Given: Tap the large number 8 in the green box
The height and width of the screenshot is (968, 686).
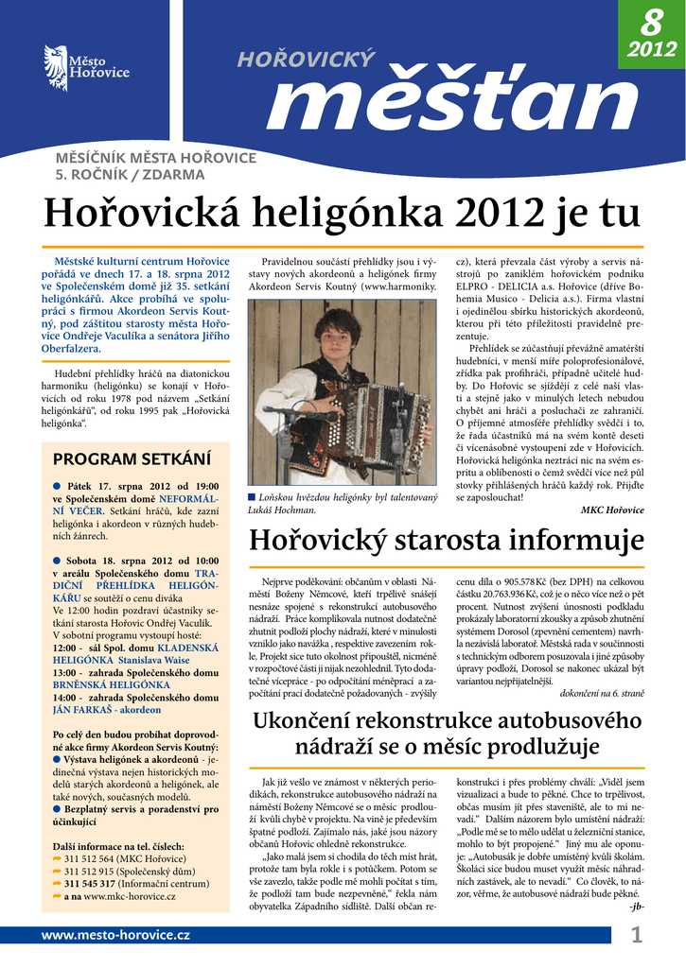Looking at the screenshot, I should click(x=651, y=20).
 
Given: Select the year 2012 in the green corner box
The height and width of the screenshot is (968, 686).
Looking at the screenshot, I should click(x=652, y=48).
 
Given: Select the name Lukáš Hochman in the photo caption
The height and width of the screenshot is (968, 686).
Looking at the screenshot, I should click(x=280, y=510).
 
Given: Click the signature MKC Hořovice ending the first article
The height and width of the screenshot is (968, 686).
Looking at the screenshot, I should click(x=612, y=510).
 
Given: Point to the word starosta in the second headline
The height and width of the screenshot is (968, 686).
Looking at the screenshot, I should click(x=452, y=542).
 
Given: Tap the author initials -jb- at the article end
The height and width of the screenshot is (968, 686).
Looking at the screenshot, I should click(x=636, y=907).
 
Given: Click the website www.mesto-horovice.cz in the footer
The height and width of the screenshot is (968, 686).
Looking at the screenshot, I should click(x=115, y=935).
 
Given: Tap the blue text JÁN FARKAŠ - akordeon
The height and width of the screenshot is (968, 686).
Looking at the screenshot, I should click(x=107, y=709).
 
